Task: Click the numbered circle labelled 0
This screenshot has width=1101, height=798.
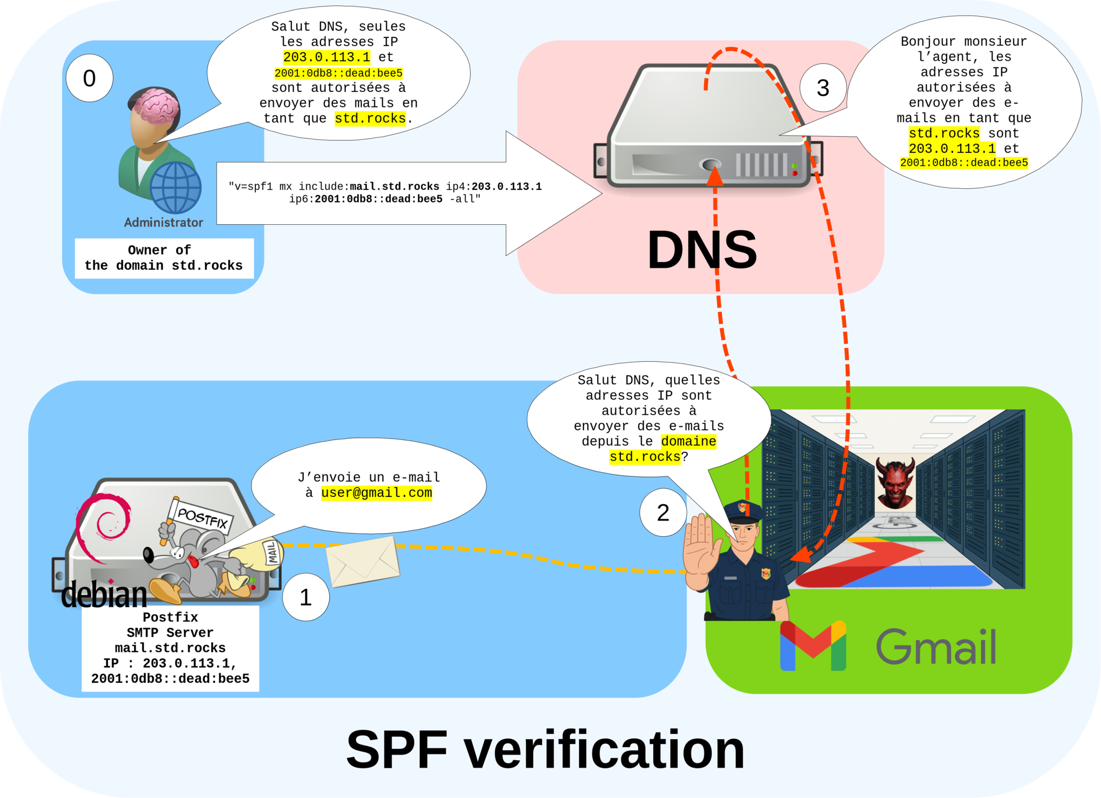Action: pyautogui.click(x=89, y=79)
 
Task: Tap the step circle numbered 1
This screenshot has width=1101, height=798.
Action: pyautogui.click(x=305, y=597)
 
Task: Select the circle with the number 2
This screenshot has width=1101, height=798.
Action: pyautogui.click(x=663, y=512)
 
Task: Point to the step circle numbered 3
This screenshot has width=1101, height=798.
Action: pyautogui.click(x=823, y=88)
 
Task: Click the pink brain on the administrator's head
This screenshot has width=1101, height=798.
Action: pyautogui.click(x=156, y=105)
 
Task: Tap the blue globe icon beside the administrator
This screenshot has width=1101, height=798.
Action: pyautogui.click(x=175, y=188)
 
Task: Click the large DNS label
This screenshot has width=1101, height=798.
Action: pyautogui.click(x=702, y=250)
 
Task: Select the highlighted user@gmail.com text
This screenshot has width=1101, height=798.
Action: pyautogui.click(x=376, y=493)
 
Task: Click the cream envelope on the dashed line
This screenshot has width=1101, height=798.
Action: pyautogui.click(x=363, y=561)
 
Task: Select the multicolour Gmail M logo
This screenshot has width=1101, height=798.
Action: pyautogui.click(x=813, y=646)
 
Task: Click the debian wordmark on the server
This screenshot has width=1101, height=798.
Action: pyautogui.click(x=104, y=595)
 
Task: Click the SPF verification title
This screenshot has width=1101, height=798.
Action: pyautogui.click(x=545, y=750)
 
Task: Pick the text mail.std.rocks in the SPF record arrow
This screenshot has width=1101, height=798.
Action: pyautogui.click(x=394, y=187)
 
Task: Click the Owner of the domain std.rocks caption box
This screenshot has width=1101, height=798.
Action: pyautogui.click(x=164, y=258)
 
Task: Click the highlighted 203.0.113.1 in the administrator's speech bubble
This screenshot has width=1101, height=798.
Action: pyautogui.click(x=326, y=57)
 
